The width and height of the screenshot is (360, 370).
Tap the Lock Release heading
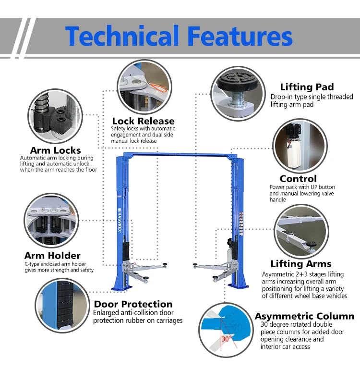click(143, 121)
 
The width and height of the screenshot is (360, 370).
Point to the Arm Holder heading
click(52, 256)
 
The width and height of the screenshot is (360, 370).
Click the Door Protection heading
click(133, 304)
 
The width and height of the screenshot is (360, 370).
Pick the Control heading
click(298, 179)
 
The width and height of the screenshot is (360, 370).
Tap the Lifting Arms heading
click(300, 264)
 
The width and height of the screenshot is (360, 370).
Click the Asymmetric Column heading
click(304, 316)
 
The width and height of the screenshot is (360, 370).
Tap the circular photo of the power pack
click(299, 145)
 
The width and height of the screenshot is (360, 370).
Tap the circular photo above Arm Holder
click(50, 220)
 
